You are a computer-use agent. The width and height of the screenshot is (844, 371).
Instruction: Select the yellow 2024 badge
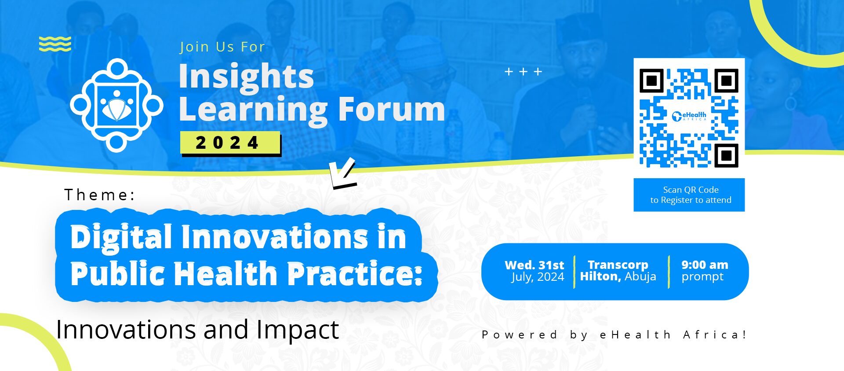(230, 143)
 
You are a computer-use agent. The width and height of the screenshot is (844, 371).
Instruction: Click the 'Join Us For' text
(222, 47)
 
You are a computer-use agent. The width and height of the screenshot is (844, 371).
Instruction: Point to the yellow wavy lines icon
(55, 44)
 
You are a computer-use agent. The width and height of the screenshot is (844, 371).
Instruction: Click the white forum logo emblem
(116, 105)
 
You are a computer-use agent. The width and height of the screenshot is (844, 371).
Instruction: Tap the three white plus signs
(523, 71)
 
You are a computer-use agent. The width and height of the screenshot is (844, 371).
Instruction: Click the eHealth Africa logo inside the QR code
(689, 116)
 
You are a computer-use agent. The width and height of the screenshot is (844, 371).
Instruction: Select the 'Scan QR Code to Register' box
(689, 195)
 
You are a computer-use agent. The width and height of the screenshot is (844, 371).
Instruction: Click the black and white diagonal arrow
(343, 173)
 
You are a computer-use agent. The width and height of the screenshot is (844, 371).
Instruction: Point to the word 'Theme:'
(100, 195)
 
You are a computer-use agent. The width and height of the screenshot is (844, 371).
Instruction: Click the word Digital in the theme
(121, 238)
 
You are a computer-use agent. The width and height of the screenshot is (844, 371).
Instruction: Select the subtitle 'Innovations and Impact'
(197, 330)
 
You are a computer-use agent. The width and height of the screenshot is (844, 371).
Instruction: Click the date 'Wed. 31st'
(534, 265)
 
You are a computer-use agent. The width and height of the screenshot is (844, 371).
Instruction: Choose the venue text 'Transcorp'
(618, 264)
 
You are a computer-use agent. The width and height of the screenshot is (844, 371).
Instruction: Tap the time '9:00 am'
(705, 264)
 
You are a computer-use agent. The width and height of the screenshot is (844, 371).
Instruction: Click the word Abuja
(640, 276)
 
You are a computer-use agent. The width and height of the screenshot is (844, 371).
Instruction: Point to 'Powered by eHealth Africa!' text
(614, 334)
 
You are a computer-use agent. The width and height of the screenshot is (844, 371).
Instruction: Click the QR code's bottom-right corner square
(726, 155)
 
